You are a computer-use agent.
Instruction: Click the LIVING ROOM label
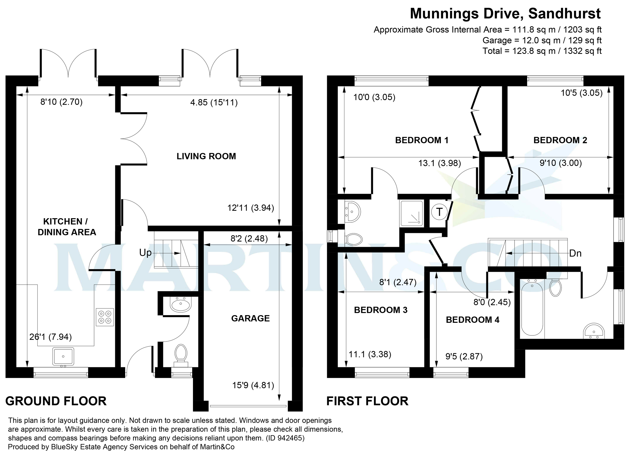[x=206, y=156]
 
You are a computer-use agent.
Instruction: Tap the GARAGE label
[x=250, y=318]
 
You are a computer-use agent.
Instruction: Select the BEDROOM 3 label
[x=381, y=310]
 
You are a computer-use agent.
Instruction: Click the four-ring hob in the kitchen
[x=105, y=317]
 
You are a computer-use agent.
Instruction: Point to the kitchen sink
[x=63, y=356]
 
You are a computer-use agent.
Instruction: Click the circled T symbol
[x=439, y=212]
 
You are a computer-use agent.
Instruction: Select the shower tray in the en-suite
[x=412, y=213]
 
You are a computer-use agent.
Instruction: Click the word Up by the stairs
[x=145, y=253]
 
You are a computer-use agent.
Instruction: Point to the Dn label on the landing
[x=575, y=253]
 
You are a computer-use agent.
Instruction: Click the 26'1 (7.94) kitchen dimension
[x=50, y=337]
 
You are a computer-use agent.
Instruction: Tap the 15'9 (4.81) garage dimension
[x=253, y=385]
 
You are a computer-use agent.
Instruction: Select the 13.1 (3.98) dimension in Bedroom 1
[x=440, y=163]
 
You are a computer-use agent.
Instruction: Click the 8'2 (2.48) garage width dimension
[x=249, y=239]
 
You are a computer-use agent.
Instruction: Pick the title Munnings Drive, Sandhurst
[x=505, y=14]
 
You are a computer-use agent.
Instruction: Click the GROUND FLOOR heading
[x=56, y=401]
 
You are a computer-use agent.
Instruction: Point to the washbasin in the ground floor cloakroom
[x=181, y=305]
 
